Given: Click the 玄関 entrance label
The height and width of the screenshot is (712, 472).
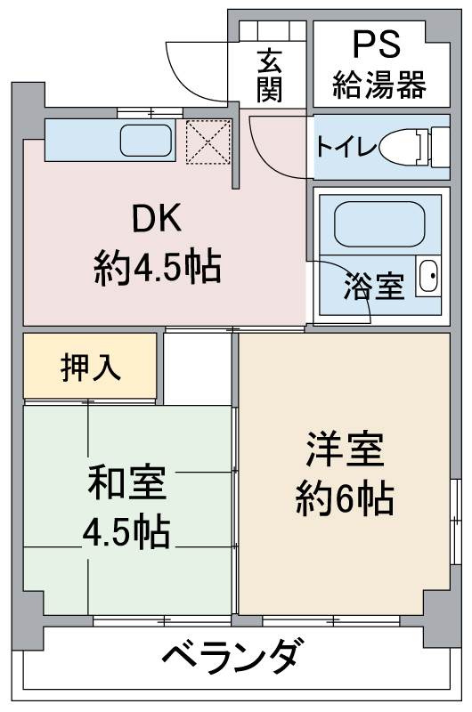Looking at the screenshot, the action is pos(269,76).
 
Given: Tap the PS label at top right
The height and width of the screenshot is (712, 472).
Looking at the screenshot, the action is pos(377,44).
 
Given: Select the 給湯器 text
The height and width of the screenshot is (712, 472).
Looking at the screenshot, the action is pos(379,85).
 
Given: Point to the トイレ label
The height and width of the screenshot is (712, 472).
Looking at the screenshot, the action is pos(346,146).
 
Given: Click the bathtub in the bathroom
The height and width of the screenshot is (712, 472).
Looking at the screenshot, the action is pos(379,224).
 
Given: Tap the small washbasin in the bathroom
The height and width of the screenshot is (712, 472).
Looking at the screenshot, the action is pos(428,276).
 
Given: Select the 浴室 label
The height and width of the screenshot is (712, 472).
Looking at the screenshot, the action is pos(374,287).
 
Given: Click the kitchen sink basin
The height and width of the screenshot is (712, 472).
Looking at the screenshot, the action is pos(146,140).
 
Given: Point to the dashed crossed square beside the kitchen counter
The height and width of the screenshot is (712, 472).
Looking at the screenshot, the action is pos(208,142).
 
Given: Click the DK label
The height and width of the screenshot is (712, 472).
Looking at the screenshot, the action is pos(157,218).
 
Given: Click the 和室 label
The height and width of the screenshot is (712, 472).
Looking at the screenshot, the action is pos(127,482).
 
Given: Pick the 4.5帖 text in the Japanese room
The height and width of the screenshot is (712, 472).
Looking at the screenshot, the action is pos(126,530).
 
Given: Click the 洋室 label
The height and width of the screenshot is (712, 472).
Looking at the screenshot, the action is pos(346,449).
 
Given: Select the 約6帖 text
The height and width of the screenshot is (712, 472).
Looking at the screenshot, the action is pos(345,498).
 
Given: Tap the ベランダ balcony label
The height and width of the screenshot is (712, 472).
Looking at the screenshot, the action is pos(233,657).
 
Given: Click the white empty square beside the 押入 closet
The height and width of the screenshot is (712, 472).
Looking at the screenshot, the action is pos(197,368).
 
